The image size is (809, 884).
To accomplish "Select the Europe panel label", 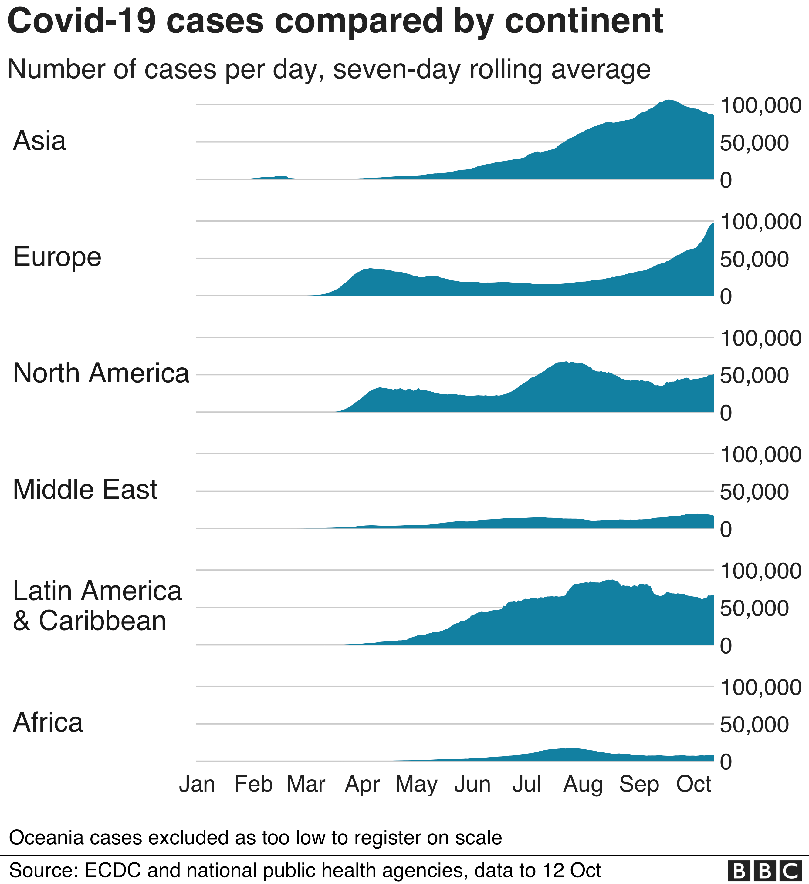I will pyautogui.click(x=57, y=257).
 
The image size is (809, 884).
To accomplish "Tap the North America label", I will pyautogui.click(x=101, y=373).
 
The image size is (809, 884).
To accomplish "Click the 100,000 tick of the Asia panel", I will pyautogui.click(x=760, y=106).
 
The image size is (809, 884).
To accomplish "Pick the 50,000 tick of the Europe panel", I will pyautogui.click(x=754, y=259).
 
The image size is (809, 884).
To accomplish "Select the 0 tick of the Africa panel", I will pyautogui.click(x=726, y=762).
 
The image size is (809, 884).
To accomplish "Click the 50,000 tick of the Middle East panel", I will pyautogui.click(x=754, y=492).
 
